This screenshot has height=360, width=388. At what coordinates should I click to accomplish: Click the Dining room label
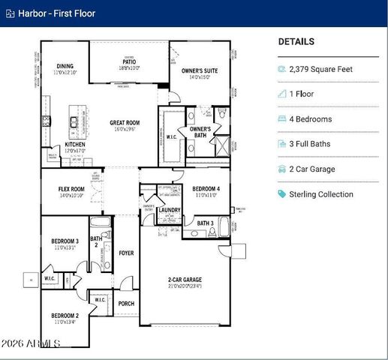(x=65, y=66)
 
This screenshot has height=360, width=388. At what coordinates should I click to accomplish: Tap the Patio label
(x=129, y=62)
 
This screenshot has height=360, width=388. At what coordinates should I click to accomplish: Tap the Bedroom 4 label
(x=206, y=188)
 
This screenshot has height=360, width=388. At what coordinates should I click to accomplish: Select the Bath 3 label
(x=206, y=223)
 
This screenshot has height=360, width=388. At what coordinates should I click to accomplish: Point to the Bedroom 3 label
(x=65, y=241)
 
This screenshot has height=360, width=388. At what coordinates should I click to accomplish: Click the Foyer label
(x=127, y=253)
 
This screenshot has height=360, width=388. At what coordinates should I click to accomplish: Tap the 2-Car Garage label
(x=185, y=280)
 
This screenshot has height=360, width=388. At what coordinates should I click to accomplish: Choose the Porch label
(x=127, y=304)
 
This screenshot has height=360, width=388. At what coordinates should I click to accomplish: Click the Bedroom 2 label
(x=65, y=316)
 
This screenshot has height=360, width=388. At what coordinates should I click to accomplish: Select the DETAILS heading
(x=296, y=42)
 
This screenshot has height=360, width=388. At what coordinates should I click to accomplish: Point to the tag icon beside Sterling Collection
(x=282, y=194)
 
